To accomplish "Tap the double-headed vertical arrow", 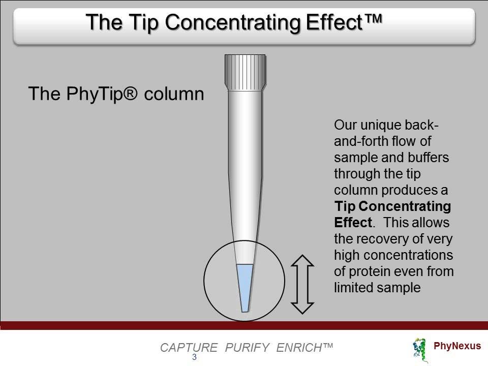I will coord(302,284).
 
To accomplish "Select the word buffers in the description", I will coord(428,158).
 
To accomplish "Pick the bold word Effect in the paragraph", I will coord(353,223).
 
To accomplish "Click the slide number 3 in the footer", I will coord(194,357).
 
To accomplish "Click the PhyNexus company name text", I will coord(457,346).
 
